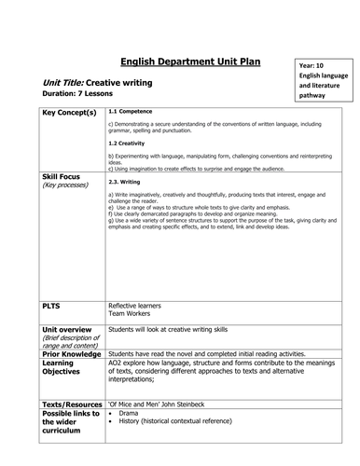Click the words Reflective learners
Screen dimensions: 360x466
139,305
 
